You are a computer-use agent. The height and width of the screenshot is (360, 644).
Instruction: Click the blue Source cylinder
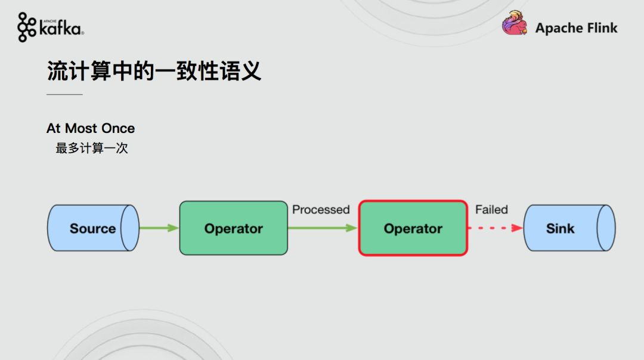[x=93, y=228]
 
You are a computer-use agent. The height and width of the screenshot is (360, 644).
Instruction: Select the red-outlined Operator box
[x=413, y=228]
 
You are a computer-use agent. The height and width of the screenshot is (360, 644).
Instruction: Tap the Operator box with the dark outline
[x=233, y=228]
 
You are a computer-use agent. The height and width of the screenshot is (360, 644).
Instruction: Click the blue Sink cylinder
[x=569, y=228]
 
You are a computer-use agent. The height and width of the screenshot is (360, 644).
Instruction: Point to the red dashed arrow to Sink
[x=496, y=228]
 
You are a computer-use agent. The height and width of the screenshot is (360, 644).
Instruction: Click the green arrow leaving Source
[x=159, y=228]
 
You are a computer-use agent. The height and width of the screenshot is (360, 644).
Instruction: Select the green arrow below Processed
[x=323, y=228]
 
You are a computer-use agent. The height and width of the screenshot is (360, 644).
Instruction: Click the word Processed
[x=321, y=210]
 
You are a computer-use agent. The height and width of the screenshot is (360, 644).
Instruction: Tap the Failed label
[x=491, y=210]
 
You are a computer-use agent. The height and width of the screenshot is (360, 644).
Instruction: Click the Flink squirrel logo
[x=515, y=23]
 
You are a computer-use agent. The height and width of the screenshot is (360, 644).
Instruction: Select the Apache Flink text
[x=576, y=28]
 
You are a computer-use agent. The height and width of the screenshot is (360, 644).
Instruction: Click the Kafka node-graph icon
[x=27, y=27]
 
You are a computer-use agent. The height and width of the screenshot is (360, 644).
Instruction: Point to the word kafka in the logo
[x=60, y=28]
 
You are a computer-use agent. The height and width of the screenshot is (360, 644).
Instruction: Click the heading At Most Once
[x=91, y=128]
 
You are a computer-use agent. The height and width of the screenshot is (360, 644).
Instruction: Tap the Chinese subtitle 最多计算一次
[x=92, y=148]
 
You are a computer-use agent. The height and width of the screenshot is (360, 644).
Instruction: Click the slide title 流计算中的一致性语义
[x=154, y=70]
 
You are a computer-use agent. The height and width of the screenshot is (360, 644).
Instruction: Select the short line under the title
[x=64, y=94]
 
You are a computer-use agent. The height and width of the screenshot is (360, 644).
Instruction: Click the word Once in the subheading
[x=118, y=128]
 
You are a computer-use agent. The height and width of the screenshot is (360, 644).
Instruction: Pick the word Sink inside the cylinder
[x=560, y=228]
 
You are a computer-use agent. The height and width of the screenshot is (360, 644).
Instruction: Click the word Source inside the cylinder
[x=93, y=228]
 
